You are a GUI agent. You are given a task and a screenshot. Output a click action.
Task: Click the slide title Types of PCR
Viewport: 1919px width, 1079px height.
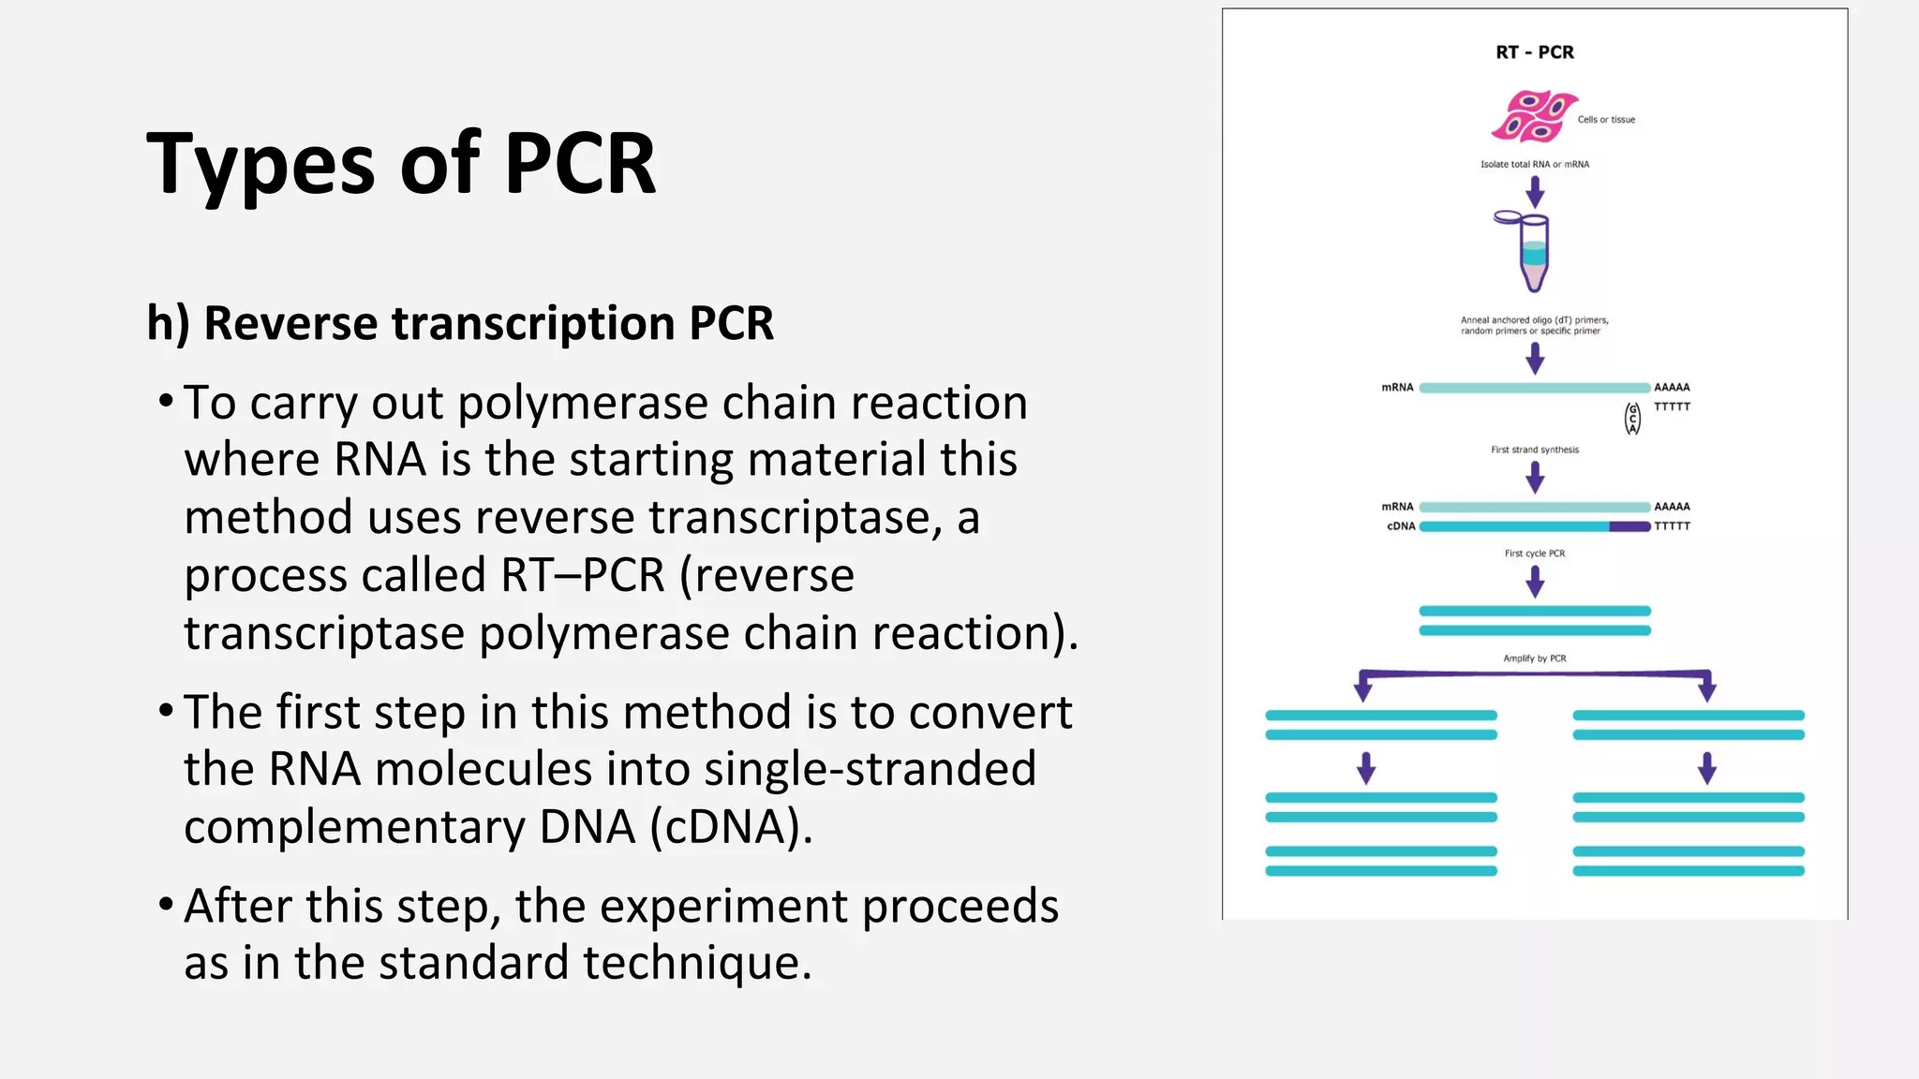click(401, 164)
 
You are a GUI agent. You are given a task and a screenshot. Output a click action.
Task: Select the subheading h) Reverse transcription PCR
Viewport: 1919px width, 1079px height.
click(460, 323)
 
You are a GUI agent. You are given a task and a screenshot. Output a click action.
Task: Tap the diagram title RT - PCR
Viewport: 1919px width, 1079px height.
click(1534, 52)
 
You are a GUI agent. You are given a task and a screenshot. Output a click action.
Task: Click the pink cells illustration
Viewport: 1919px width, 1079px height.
click(1534, 115)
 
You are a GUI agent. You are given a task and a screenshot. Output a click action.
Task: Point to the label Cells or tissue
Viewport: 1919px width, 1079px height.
click(1606, 120)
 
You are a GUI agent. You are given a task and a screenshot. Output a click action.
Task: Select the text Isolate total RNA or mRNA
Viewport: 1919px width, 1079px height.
click(1534, 165)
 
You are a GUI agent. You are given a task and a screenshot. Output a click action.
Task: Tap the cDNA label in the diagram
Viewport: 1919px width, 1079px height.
click(1401, 526)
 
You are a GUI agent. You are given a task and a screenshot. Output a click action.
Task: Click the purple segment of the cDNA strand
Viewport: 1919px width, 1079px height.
click(1629, 526)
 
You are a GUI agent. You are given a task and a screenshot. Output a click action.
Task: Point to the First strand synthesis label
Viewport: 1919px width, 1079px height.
click(1534, 450)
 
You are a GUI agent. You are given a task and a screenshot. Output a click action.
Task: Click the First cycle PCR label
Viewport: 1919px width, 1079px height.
click(1534, 554)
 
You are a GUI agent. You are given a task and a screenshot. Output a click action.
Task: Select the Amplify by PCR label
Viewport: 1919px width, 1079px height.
click(1534, 658)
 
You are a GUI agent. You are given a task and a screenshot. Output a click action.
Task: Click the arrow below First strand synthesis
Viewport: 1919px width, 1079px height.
click(1534, 478)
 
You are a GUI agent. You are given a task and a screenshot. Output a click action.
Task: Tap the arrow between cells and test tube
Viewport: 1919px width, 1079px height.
click(1534, 192)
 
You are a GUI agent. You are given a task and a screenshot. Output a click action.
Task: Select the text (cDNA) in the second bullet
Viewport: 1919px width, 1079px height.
click(731, 827)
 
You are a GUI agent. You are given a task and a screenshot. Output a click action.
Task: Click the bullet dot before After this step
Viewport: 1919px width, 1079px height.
click(166, 905)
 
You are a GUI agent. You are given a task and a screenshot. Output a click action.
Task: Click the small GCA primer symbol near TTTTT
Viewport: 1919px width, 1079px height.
click(1632, 419)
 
